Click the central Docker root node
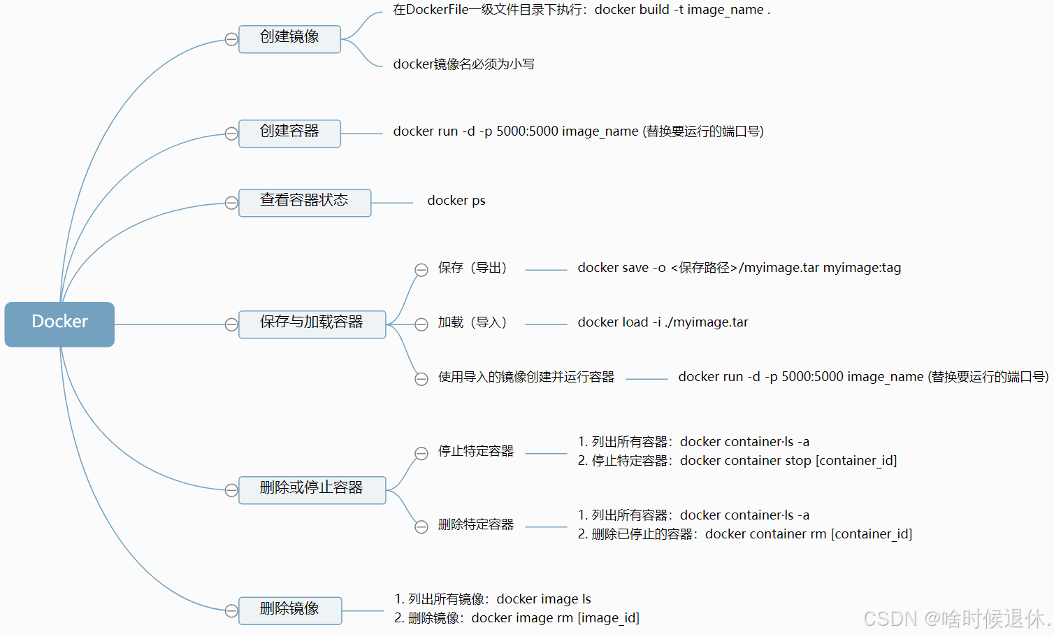59,324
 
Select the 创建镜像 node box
289,39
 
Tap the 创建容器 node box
289,134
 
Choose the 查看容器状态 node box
304,203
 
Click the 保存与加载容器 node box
312,324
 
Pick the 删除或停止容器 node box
312,490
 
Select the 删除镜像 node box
289,610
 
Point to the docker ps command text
456,201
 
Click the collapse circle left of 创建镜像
231,39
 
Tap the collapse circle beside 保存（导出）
421,270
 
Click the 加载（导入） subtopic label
472,322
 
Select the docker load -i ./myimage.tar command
663,322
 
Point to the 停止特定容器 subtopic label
475,452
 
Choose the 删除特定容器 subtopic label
475,525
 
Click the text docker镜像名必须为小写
463,64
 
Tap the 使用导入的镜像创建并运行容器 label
526,378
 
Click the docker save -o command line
739,268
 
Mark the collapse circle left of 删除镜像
231,611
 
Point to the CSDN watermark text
956,618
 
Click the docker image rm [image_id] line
517,618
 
